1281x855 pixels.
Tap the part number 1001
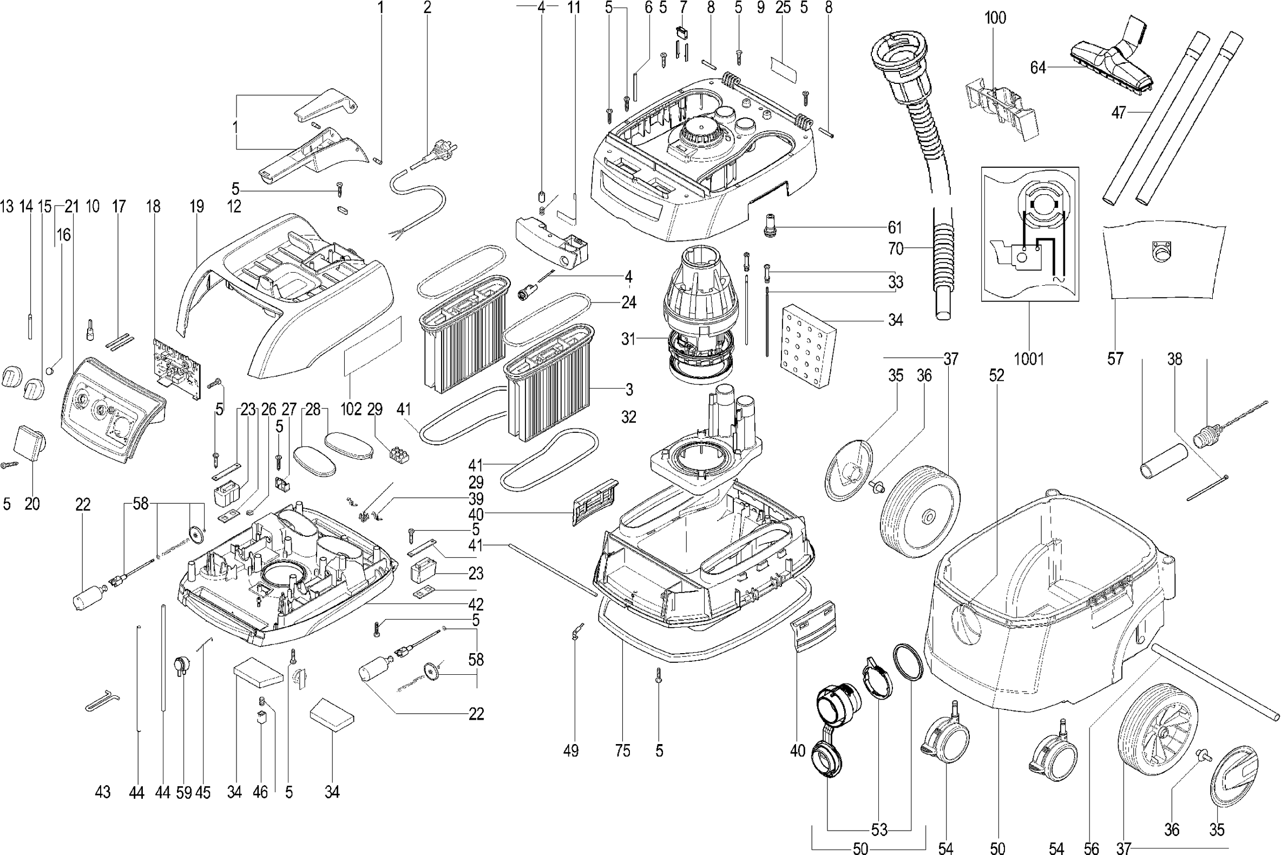(x=1029, y=359)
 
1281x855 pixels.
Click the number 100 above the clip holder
(x=995, y=18)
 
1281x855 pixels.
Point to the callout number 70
(x=896, y=248)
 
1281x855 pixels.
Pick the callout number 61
(x=895, y=227)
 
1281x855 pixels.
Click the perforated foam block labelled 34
(x=809, y=346)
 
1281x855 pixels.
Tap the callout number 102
(x=351, y=409)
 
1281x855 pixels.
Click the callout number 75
(x=622, y=751)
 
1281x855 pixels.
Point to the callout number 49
(x=570, y=751)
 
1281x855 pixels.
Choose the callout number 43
(x=102, y=792)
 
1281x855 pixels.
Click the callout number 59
(x=184, y=792)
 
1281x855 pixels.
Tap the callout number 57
(x=1115, y=359)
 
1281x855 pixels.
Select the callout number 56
(x=1091, y=848)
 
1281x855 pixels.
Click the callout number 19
(x=197, y=206)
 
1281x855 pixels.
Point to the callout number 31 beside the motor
(x=628, y=339)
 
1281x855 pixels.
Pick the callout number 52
(x=996, y=375)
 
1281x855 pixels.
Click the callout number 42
(x=476, y=604)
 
